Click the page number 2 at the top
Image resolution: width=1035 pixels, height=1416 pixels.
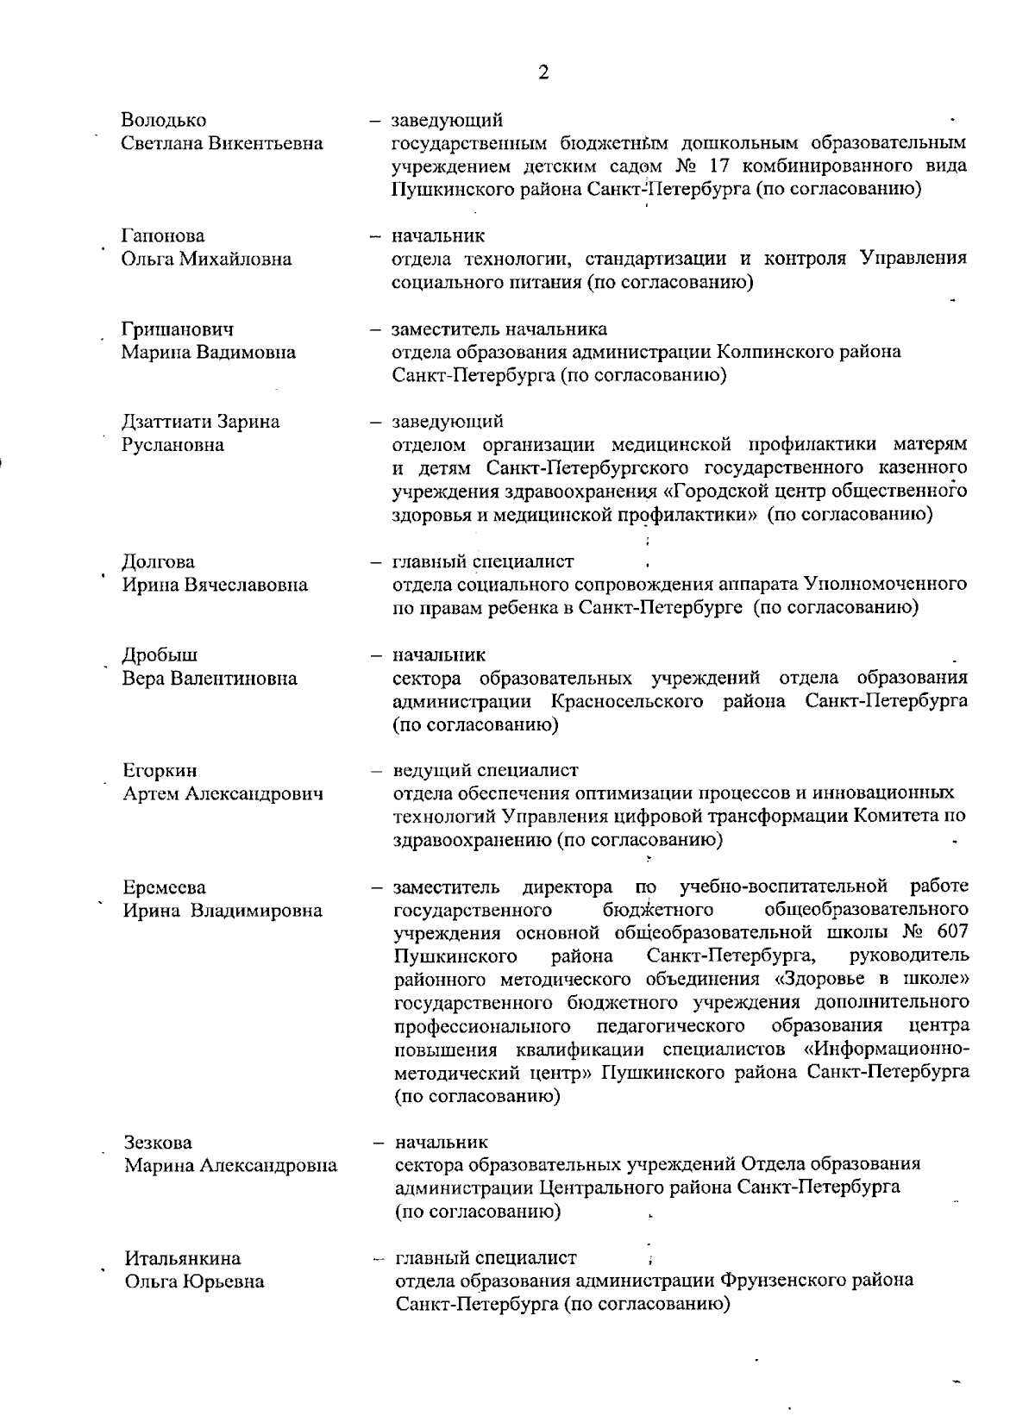pyautogui.click(x=543, y=72)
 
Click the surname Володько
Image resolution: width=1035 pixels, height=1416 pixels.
pyautogui.click(x=164, y=120)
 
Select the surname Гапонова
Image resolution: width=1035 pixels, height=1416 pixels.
pyautogui.click(x=163, y=236)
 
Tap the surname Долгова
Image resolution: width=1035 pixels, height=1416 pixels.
pyautogui.click(x=158, y=562)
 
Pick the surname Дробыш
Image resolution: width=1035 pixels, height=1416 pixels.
pyautogui.click(x=160, y=655)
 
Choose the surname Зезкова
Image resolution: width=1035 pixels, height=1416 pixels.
pyautogui.click(x=159, y=1143)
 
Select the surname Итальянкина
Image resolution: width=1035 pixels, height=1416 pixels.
pyautogui.click(x=183, y=1259)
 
